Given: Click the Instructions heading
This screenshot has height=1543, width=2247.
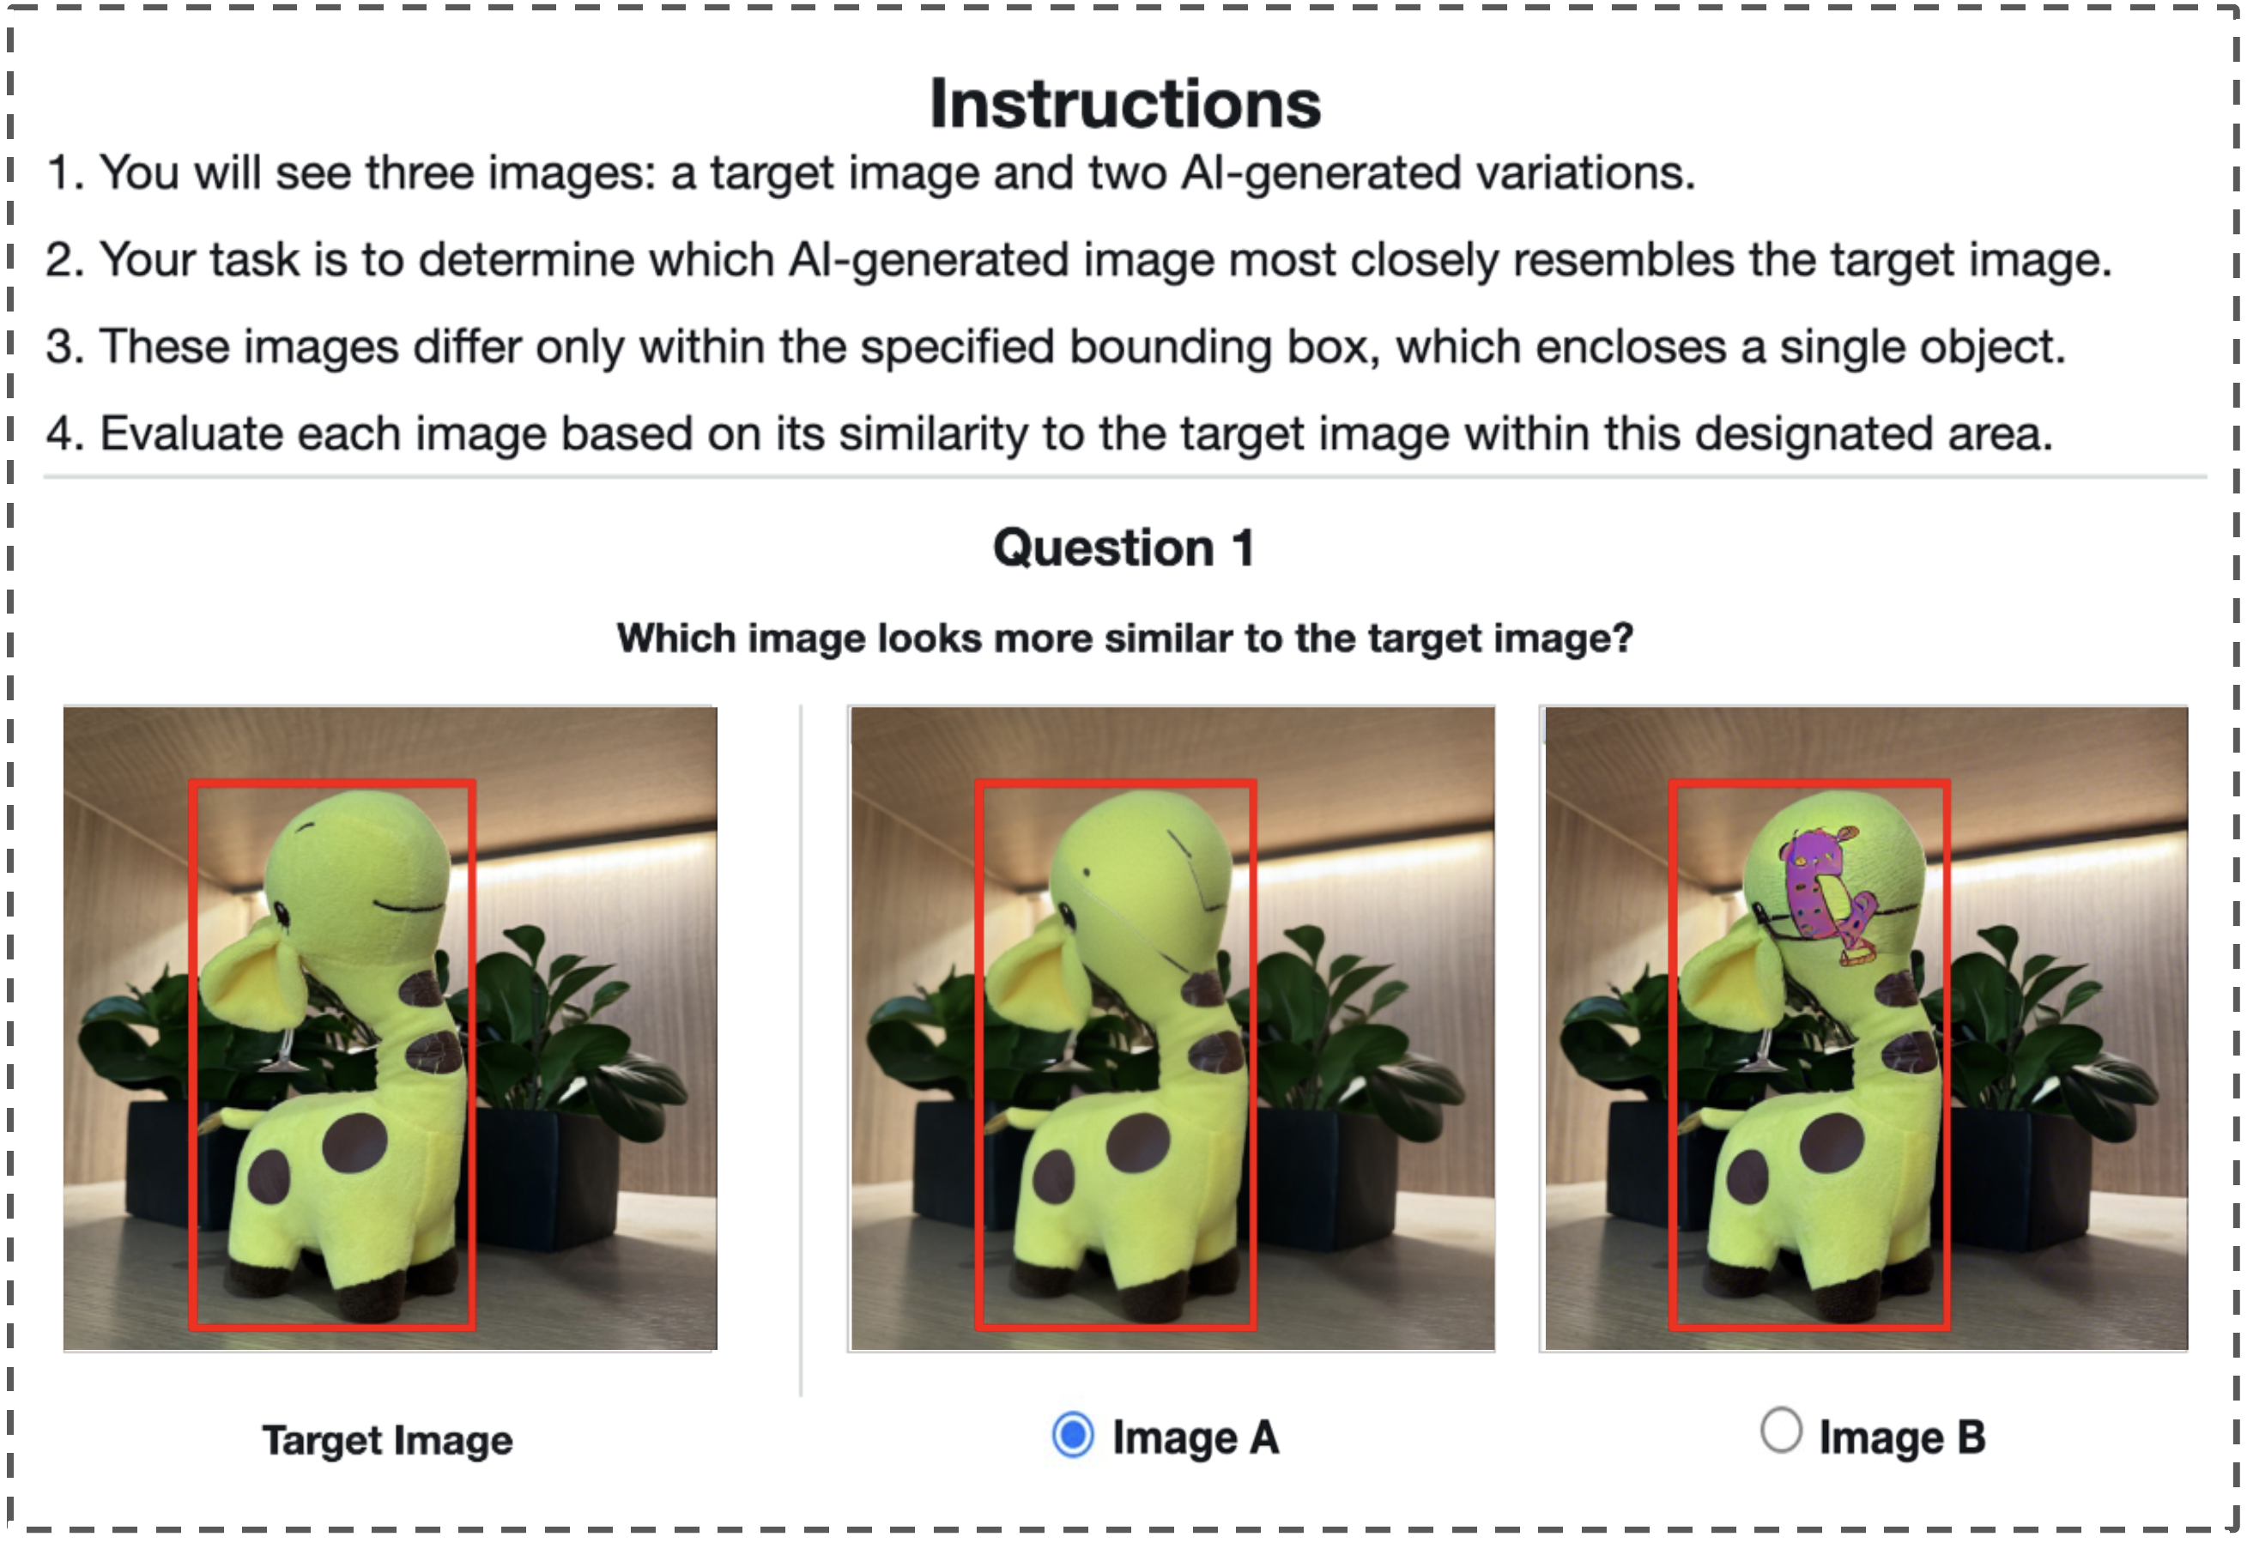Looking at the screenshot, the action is (1124, 104).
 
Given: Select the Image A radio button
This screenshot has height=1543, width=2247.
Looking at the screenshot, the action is (1072, 1435).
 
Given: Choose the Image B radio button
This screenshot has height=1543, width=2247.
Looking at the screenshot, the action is (1781, 1431).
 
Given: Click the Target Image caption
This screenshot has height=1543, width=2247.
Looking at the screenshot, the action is (388, 1441).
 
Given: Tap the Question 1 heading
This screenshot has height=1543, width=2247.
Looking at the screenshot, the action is (1123, 548).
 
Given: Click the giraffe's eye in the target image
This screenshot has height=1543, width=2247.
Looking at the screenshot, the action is (282, 912).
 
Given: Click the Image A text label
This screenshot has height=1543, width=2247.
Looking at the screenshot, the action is (1196, 1437).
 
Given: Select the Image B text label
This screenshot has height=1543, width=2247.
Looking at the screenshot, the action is (1902, 1437).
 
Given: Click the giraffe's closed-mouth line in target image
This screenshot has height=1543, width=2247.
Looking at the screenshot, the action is (408, 907).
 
